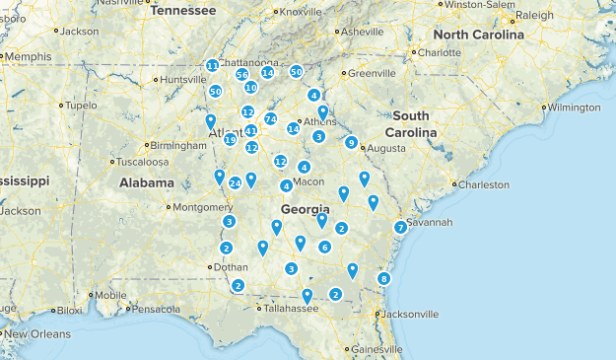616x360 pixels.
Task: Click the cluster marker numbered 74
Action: coord(270,119)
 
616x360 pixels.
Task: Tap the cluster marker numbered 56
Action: coord(241,75)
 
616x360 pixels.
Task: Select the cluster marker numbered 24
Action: coord(236,183)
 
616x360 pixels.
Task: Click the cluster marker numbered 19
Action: coord(230,140)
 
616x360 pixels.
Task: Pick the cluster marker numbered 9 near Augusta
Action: coord(351,143)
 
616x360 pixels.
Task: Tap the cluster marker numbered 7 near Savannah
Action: coord(400,228)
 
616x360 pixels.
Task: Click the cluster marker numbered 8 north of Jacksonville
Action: coord(383,279)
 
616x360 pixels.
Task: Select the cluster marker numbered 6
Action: coord(324,247)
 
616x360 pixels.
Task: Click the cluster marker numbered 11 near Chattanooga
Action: coord(212,65)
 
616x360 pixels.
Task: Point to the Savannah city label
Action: coord(430,223)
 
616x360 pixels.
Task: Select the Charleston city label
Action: coord(484,184)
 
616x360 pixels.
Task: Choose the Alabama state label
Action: coord(147,182)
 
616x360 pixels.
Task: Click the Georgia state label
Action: coord(305,210)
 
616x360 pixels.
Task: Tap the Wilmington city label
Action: coord(575,107)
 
